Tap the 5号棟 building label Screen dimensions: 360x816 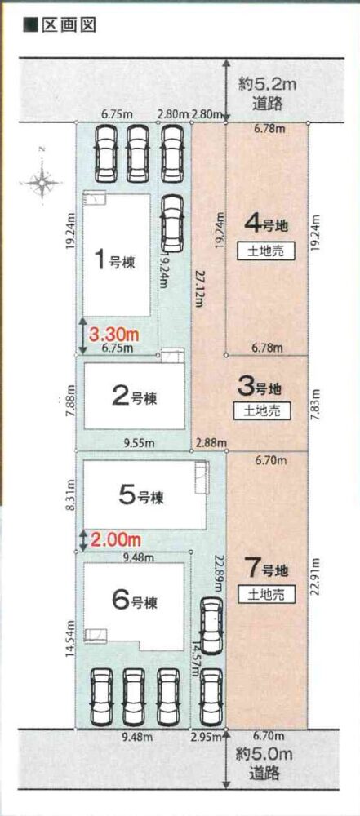tap(141, 496)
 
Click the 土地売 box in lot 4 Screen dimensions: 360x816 tap(263, 252)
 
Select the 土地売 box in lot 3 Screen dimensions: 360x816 tap(263, 411)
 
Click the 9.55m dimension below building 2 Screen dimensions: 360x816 tap(140, 443)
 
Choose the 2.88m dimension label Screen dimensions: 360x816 tap(211, 443)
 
